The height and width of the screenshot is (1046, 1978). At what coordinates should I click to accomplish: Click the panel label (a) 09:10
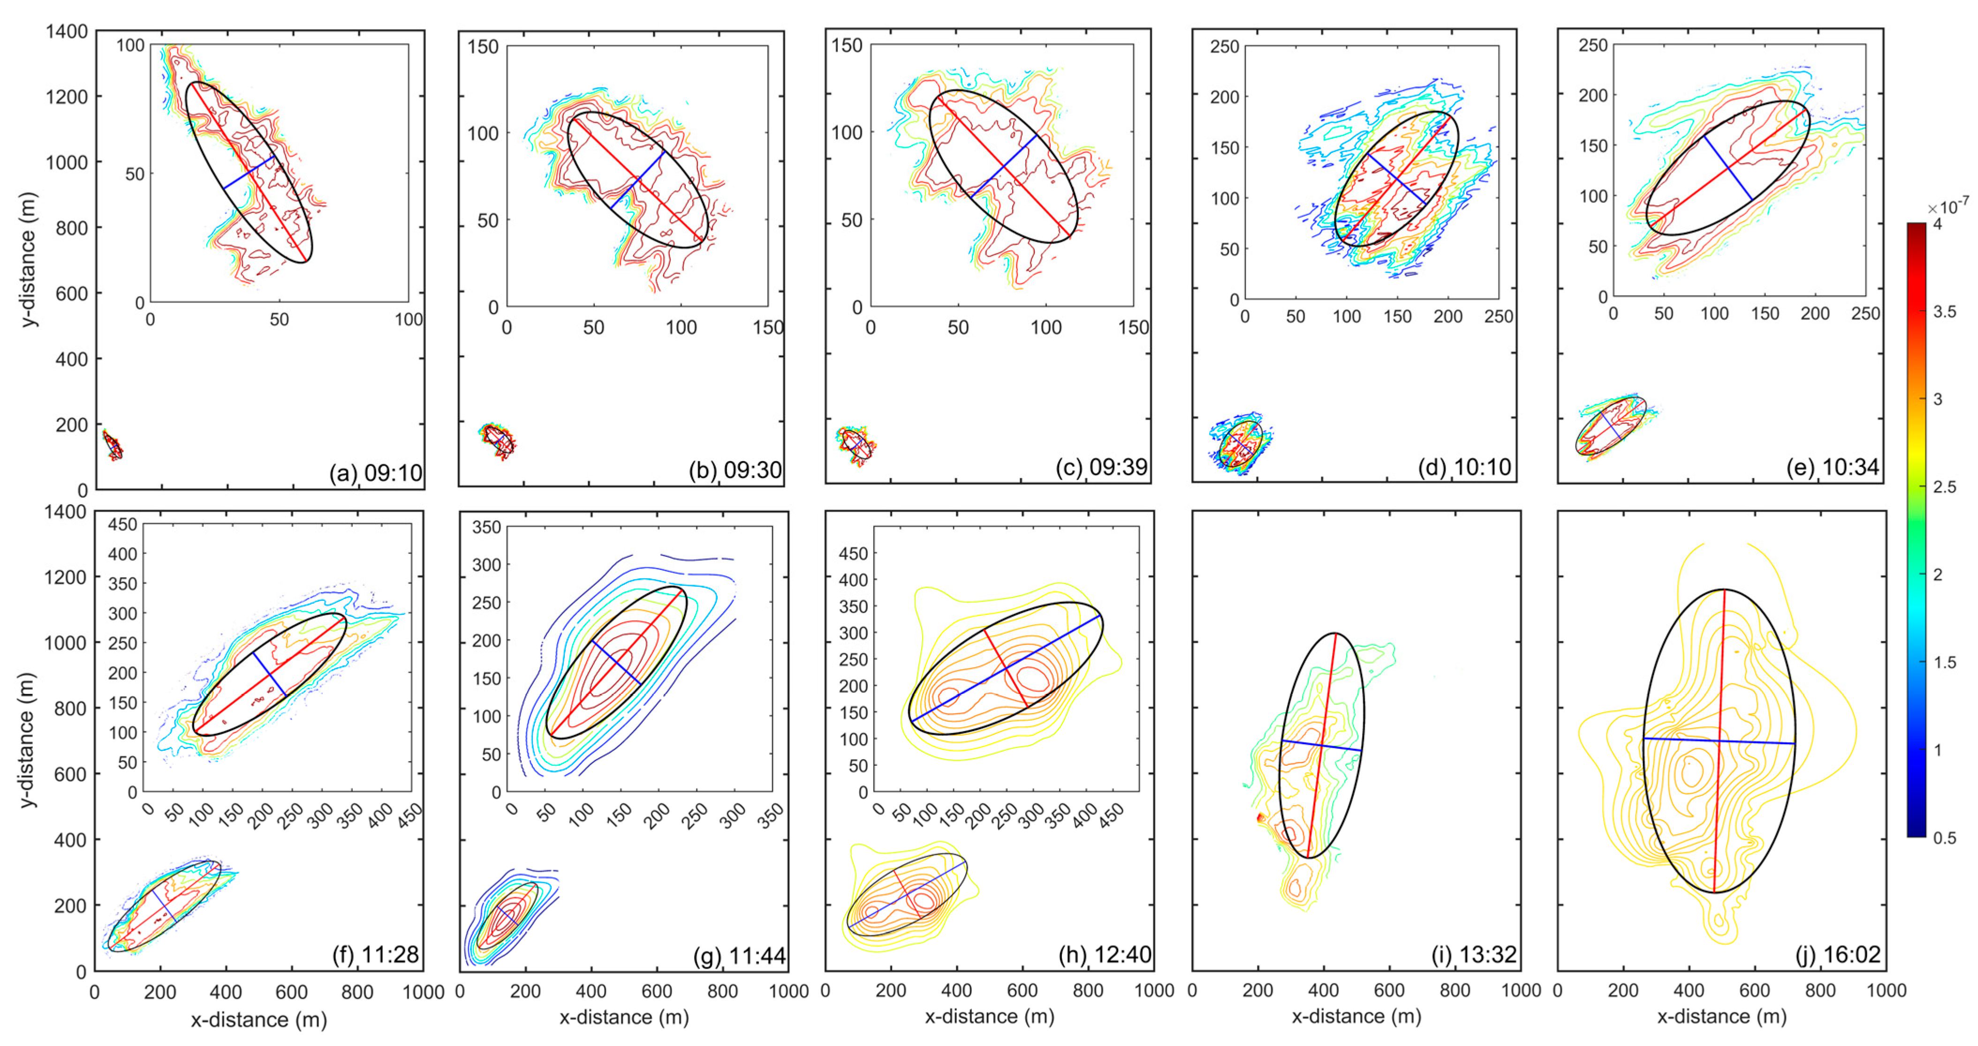(x=376, y=473)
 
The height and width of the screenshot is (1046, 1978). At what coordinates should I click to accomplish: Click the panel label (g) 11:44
(x=739, y=956)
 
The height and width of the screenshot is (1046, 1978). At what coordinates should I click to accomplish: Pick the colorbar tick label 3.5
(x=1945, y=312)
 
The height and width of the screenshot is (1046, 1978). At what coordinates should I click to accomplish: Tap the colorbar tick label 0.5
(x=1945, y=838)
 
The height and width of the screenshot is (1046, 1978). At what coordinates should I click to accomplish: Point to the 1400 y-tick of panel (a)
(x=67, y=31)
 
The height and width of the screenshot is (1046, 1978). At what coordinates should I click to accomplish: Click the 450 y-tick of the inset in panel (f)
(x=122, y=524)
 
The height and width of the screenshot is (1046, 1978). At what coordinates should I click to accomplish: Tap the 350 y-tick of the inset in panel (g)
(x=486, y=527)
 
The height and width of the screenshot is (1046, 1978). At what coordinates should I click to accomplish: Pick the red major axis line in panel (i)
(x=1322, y=744)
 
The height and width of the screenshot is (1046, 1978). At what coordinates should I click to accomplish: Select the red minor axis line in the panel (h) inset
(x=1006, y=668)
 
